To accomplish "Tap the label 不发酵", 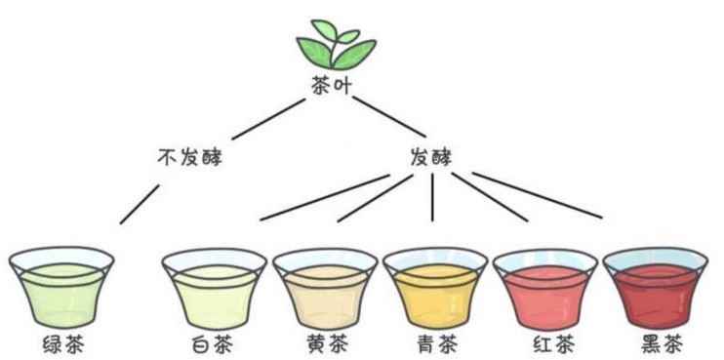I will point(189,156).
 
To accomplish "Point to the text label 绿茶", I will point(61,345).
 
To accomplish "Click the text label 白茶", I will point(215,345).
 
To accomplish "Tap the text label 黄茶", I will point(325,345).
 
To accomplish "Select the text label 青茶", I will point(434,345).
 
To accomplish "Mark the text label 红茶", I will point(544,345).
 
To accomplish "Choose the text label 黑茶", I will point(655,345).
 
